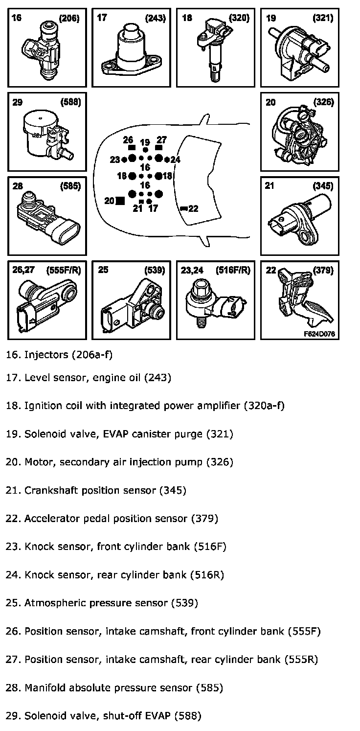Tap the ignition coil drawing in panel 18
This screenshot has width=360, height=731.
tap(214, 54)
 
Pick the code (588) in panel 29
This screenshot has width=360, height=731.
tap(70, 102)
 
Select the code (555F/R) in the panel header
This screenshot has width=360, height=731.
tap(63, 270)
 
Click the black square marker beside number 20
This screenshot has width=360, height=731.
tap(120, 201)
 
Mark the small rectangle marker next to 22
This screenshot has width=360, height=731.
tap(183, 209)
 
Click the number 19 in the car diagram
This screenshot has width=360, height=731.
tap(145, 143)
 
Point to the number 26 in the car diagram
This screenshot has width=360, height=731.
tap(129, 139)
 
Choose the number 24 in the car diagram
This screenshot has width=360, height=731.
tap(176, 160)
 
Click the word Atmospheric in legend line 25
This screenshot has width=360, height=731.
tap(52, 603)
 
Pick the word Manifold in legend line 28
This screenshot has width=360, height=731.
tap(43, 688)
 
